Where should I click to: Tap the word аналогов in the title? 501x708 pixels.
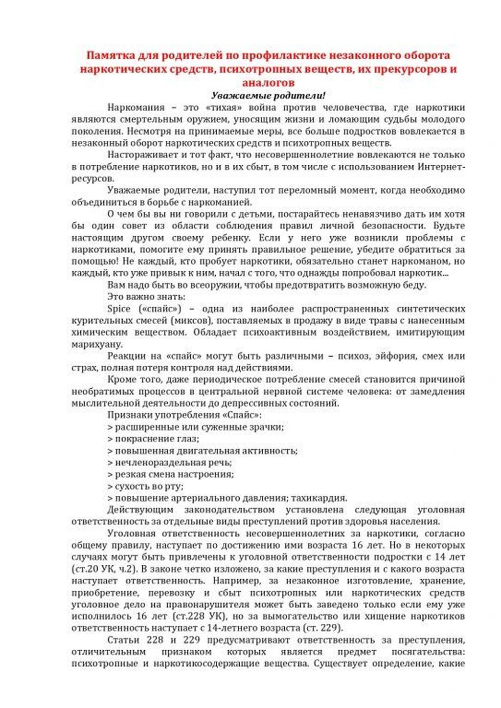tap(268, 82)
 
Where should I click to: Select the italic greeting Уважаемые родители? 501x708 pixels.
tap(268, 95)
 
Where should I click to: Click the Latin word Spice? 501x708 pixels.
tap(119, 309)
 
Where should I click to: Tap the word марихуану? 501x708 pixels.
tap(97, 344)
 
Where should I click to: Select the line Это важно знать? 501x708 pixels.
tap(146, 297)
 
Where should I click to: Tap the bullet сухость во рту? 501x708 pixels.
tap(145, 487)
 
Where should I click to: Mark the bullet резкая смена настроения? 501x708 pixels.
tap(170, 474)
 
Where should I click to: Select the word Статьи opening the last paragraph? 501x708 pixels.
tap(123, 641)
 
